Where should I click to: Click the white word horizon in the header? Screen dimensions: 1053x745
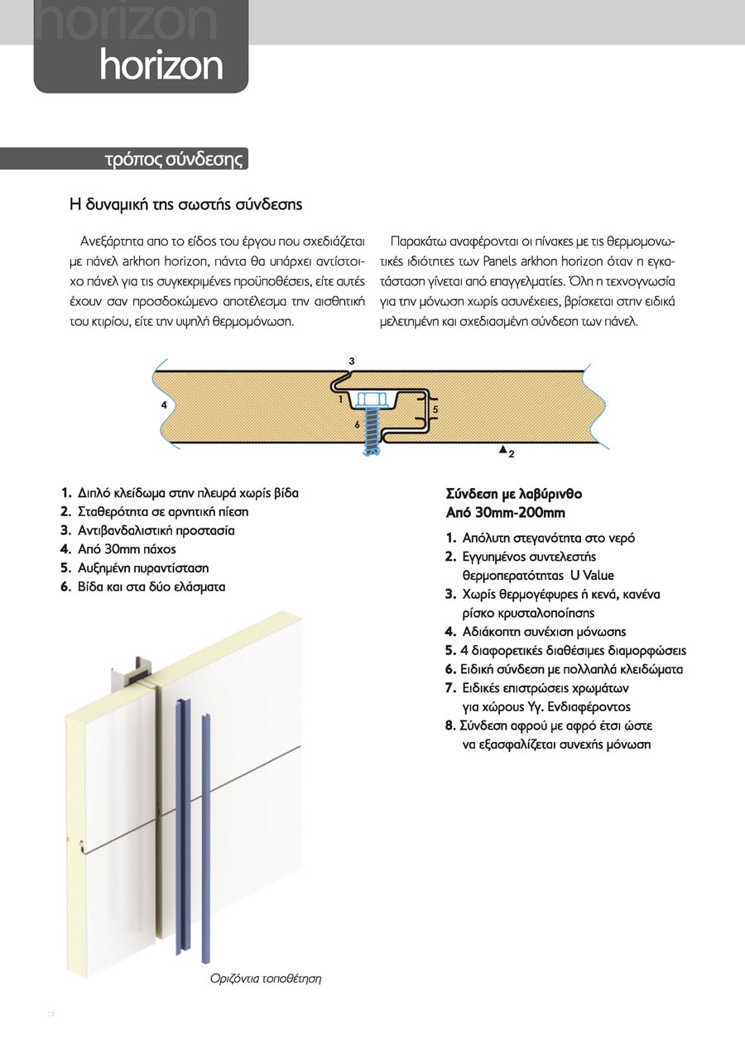click(x=161, y=65)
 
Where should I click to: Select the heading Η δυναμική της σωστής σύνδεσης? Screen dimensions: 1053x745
click(x=185, y=203)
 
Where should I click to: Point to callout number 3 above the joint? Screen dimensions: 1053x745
click(x=352, y=361)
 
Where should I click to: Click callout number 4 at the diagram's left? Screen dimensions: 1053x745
click(x=165, y=405)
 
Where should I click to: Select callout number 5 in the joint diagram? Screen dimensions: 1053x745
click(x=435, y=409)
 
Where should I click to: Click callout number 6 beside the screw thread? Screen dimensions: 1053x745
click(x=357, y=424)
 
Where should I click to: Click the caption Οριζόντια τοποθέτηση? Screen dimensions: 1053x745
click(x=264, y=979)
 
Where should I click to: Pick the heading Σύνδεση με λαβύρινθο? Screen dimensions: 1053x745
click(x=514, y=495)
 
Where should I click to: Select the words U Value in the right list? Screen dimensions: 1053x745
click(x=592, y=575)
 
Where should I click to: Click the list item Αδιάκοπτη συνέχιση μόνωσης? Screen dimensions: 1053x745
click(x=544, y=632)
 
